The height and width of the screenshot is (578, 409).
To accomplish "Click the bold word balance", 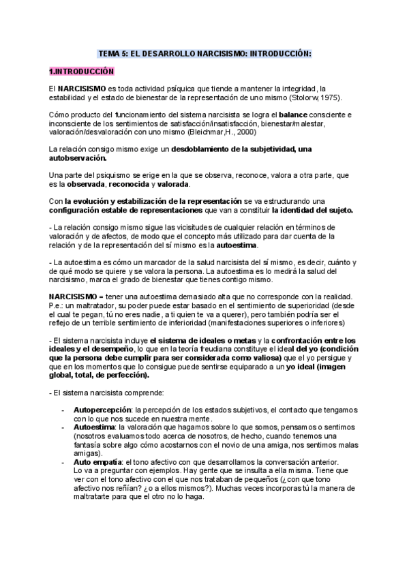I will pyautogui.click(x=299, y=115).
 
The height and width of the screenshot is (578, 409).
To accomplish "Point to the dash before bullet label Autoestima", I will pyautogui.click(x=64, y=427).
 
